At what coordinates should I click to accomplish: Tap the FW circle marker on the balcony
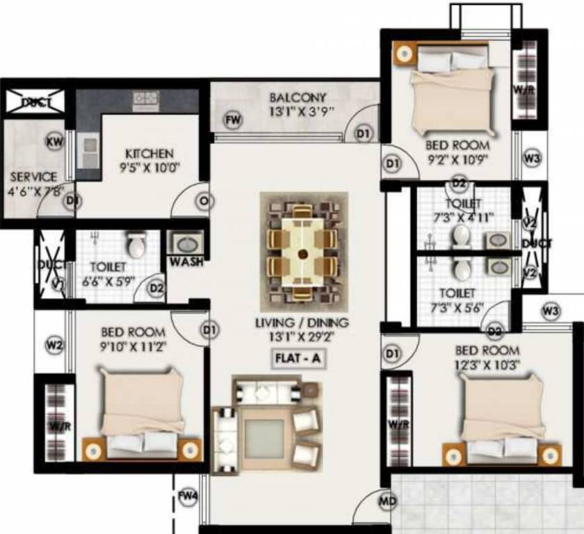pos(234,120)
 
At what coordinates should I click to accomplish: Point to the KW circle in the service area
pos(54,142)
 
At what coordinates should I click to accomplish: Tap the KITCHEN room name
pos(149,153)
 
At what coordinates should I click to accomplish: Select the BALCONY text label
pos(298,97)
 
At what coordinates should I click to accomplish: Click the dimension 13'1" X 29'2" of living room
pos(300,339)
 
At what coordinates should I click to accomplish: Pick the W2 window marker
pos(55,343)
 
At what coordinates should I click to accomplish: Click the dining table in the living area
pos(302,252)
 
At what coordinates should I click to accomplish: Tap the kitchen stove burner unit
pos(146,99)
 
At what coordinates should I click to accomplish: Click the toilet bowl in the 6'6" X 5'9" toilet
pos(136,244)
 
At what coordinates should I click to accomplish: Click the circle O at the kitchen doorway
pos(204,202)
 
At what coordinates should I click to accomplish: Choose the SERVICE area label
pos(33,177)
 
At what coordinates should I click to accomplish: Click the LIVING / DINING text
pos(301,323)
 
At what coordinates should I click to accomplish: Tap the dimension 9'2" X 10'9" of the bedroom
pos(458,159)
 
